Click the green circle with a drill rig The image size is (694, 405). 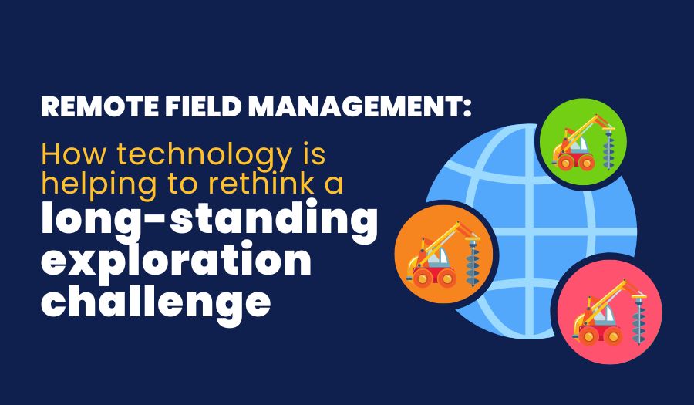[582, 143]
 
